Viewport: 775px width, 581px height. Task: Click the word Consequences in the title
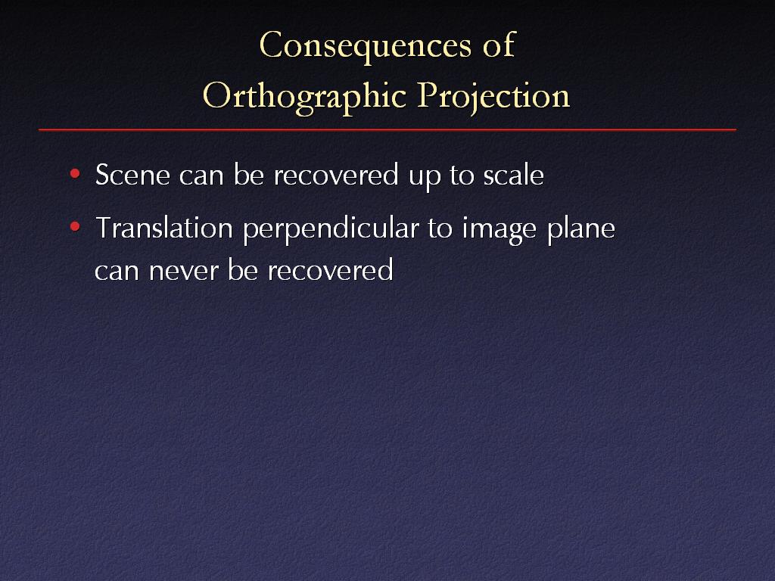pyautogui.click(x=366, y=45)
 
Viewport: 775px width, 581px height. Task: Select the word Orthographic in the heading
pyautogui.click(x=304, y=96)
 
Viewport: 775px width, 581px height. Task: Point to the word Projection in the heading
pyautogui.click(x=493, y=96)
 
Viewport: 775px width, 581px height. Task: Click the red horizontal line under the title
pyautogui.click(x=387, y=130)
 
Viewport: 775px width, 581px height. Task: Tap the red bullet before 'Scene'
pyautogui.click(x=75, y=173)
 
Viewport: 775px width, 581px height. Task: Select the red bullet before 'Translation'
pyautogui.click(x=75, y=227)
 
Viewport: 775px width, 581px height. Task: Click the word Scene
pyautogui.click(x=132, y=175)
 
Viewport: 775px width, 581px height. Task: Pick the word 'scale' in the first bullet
pyautogui.click(x=514, y=175)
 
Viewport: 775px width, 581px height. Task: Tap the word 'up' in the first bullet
pyautogui.click(x=425, y=178)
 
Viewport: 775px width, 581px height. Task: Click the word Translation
pyautogui.click(x=164, y=228)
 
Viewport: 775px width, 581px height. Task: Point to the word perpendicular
pyautogui.click(x=331, y=230)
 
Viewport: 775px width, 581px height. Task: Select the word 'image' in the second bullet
pyautogui.click(x=500, y=230)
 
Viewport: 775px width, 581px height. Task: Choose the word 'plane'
pyautogui.click(x=581, y=230)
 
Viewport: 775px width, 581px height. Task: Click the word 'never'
pyautogui.click(x=183, y=272)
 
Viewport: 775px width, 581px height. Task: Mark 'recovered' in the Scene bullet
pyautogui.click(x=336, y=175)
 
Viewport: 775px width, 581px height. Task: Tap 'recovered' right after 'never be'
pyautogui.click(x=330, y=270)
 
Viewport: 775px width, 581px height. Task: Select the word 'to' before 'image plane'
pyautogui.click(x=440, y=228)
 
